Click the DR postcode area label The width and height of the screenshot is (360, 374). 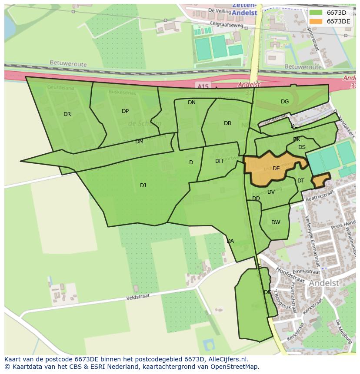coord(67,114)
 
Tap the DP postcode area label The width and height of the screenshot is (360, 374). coord(125,111)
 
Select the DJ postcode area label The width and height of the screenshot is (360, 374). coord(143,185)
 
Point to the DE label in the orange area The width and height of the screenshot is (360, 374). coord(276,169)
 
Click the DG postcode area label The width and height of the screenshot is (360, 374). coord(285,102)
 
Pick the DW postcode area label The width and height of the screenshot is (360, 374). coord(276,222)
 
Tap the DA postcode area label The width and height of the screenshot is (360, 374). coord(230,241)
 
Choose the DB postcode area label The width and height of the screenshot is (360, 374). coord(227,123)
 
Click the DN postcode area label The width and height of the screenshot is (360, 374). coord(192,103)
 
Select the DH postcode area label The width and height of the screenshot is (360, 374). coord(219,161)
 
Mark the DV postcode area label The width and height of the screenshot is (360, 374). coord(271,192)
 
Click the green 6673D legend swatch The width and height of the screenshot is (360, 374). coord(316,13)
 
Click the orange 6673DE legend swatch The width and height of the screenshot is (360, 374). coord(316,21)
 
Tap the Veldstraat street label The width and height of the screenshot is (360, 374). coord(137,298)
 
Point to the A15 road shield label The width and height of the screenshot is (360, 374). coord(202,87)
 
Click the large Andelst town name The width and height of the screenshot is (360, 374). coord(323,283)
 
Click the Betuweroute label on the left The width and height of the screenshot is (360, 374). coord(68,64)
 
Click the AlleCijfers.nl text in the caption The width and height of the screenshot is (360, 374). coord(227,359)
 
